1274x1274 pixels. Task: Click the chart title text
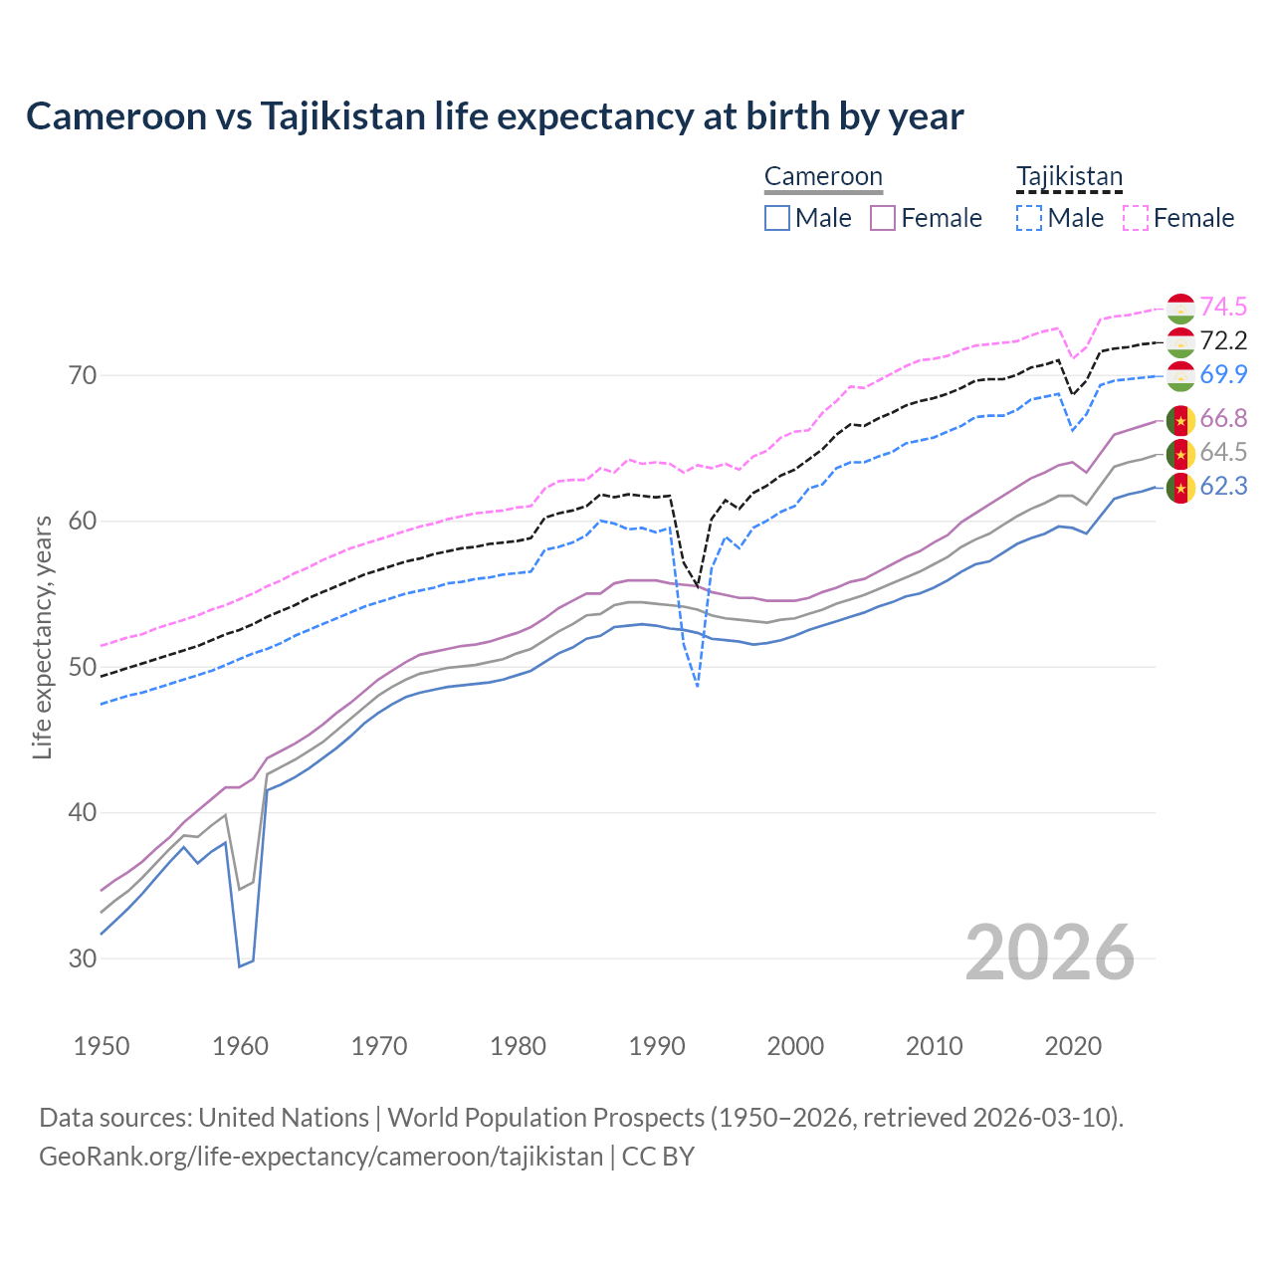pyautogui.click(x=495, y=116)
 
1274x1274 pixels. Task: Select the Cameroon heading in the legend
pyautogui.click(x=823, y=177)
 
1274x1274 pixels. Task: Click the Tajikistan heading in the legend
pyautogui.click(x=1069, y=177)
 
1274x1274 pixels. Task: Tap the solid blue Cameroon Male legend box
pyautogui.click(x=777, y=218)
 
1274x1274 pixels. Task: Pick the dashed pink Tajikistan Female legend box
pyautogui.click(x=1136, y=218)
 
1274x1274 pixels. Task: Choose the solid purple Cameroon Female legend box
pyautogui.click(x=883, y=218)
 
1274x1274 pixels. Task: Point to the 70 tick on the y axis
pyautogui.click(x=83, y=375)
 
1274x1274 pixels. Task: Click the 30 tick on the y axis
pyautogui.click(x=83, y=958)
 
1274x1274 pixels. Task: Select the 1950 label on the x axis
pyautogui.click(x=102, y=1046)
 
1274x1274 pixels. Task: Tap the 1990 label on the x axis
pyautogui.click(x=657, y=1046)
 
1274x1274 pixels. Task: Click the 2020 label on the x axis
pyautogui.click(x=1073, y=1046)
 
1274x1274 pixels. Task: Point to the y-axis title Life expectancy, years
pyautogui.click(x=43, y=637)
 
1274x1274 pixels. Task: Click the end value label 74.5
pyautogui.click(x=1223, y=307)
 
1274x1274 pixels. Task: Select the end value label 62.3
pyautogui.click(x=1223, y=486)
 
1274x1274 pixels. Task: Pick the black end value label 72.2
pyautogui.click(x=1223, y=340)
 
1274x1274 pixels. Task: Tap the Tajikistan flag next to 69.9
pyautogui.click(x=1180, y=375)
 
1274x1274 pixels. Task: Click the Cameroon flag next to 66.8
pyautogui.click(x=1180, y=420)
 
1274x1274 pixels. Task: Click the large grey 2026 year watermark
pyautogui.click(x=1050, y=953)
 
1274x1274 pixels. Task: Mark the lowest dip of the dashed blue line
pyautogui.click(x=698, y=687)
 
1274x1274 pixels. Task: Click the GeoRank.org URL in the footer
pyautogui.click(x=320, y=1157)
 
